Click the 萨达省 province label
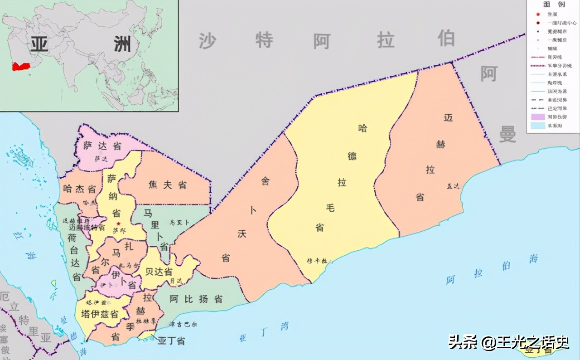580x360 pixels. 102,146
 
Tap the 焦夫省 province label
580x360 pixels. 168,185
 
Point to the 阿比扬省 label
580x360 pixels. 196,299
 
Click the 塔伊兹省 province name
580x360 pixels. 100,314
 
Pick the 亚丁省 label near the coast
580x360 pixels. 171,341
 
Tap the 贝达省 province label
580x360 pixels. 159,271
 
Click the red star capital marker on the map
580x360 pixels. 119,224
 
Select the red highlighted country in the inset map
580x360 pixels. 21,66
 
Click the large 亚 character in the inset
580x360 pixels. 39,46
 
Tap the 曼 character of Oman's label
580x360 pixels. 507,134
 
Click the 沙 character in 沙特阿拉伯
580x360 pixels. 207,41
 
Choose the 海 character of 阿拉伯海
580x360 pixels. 533,259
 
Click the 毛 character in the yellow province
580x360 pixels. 330,207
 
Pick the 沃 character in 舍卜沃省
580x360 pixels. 241,234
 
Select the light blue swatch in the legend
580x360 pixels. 537,126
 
